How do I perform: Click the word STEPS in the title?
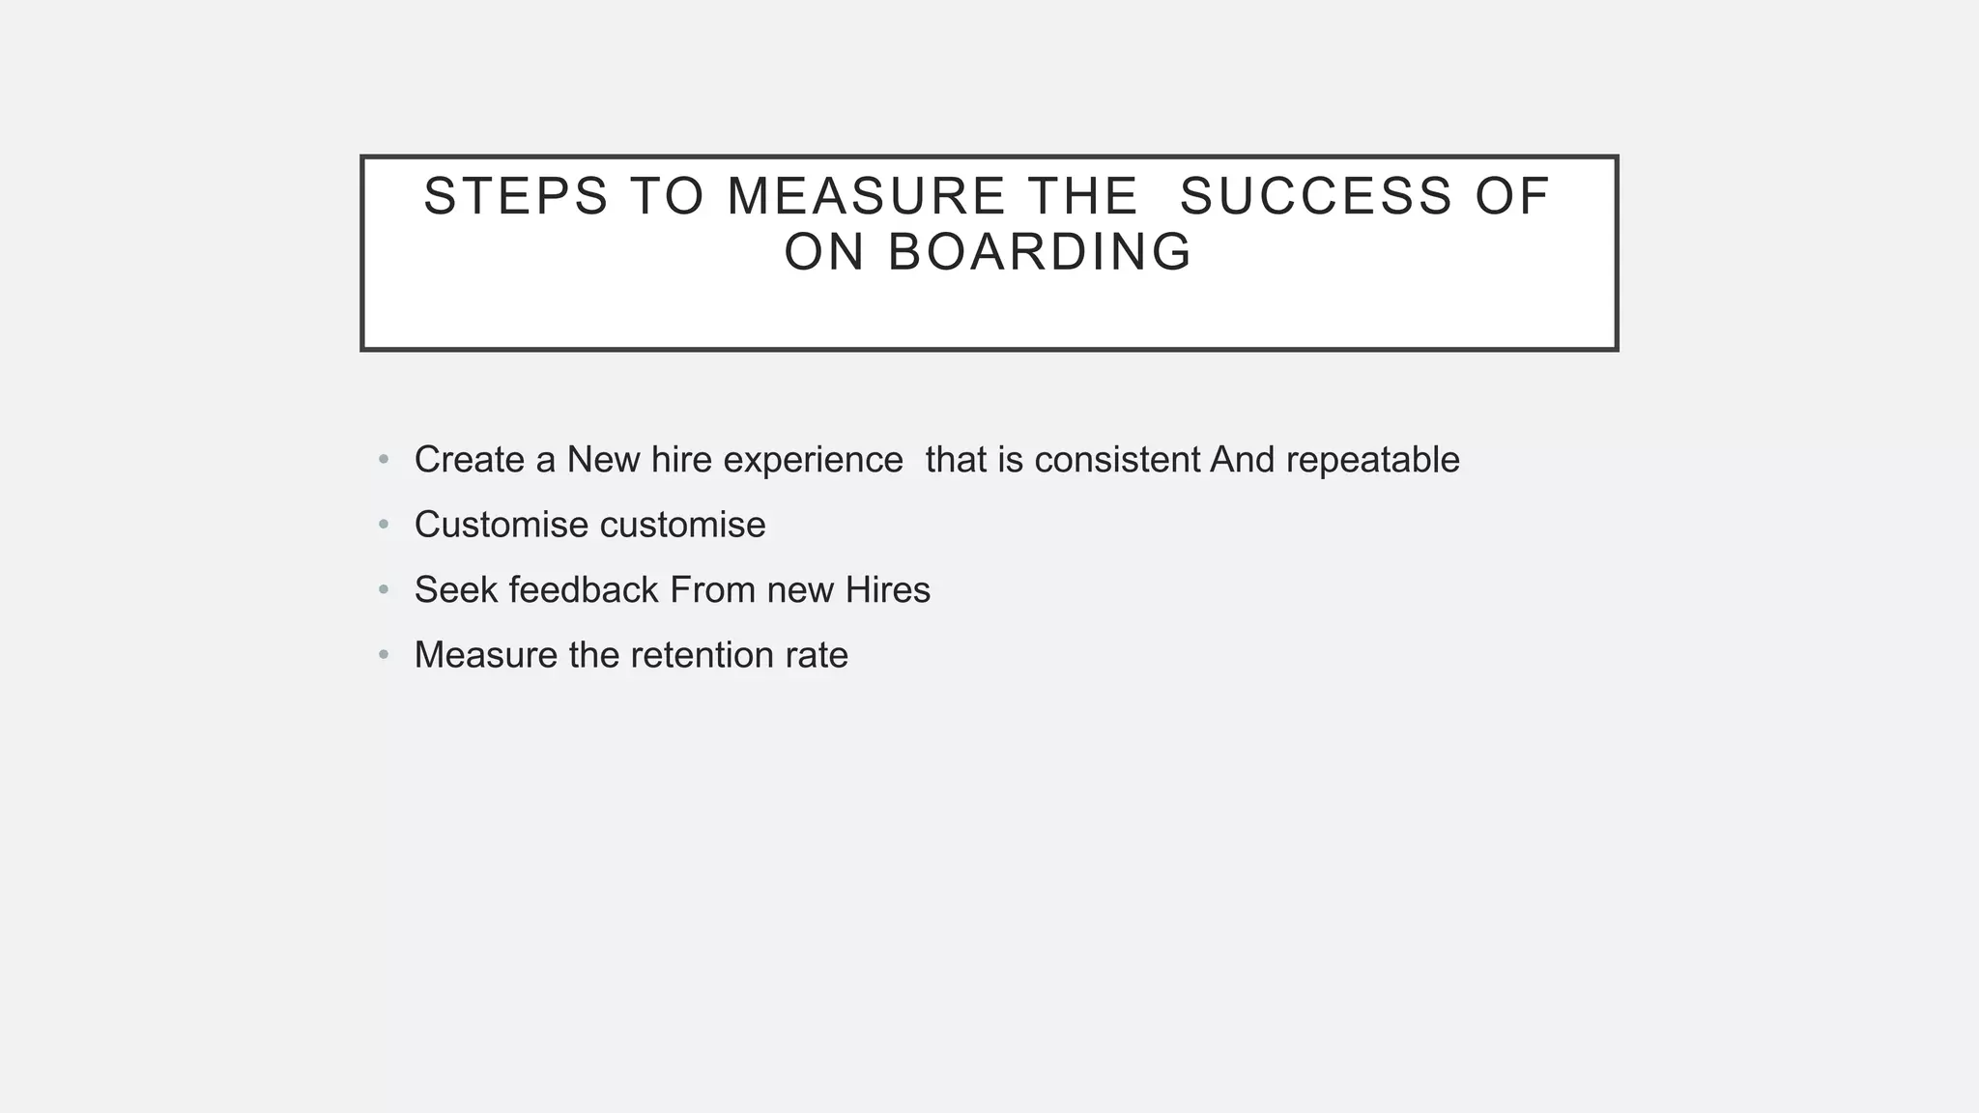pyautogui.click(x=516, y=196)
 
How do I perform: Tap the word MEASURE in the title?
pyautogui.click(x=867, y=196)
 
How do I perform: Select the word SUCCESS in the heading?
pyautogui.click(x=1316, y=196)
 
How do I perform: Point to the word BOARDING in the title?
pyautogui.click(x=1040, y=252)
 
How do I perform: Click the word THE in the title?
pyautogui.click(x=1082, y=196)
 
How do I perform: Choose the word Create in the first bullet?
pyautogui.click(x=469, y=460)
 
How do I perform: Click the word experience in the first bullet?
pyautogui.click(x=813, y=460)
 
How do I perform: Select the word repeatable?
pyautogui.click(x=1372, y=460)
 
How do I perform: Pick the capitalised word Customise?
pyautogui.click(x=501, y=525)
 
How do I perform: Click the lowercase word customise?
pyautogui.click(x=682, y=525)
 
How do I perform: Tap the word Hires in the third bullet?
pyautogui.click(x=887, y=589)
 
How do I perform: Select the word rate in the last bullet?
pyautogui.click(x=817, y=655)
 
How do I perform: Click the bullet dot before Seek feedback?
pyautogui.click(x=384, y=589)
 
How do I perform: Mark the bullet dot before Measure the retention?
pyautogui.click(x=384, y=655)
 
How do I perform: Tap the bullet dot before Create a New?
pyautogui.click(x=384, y=460)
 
